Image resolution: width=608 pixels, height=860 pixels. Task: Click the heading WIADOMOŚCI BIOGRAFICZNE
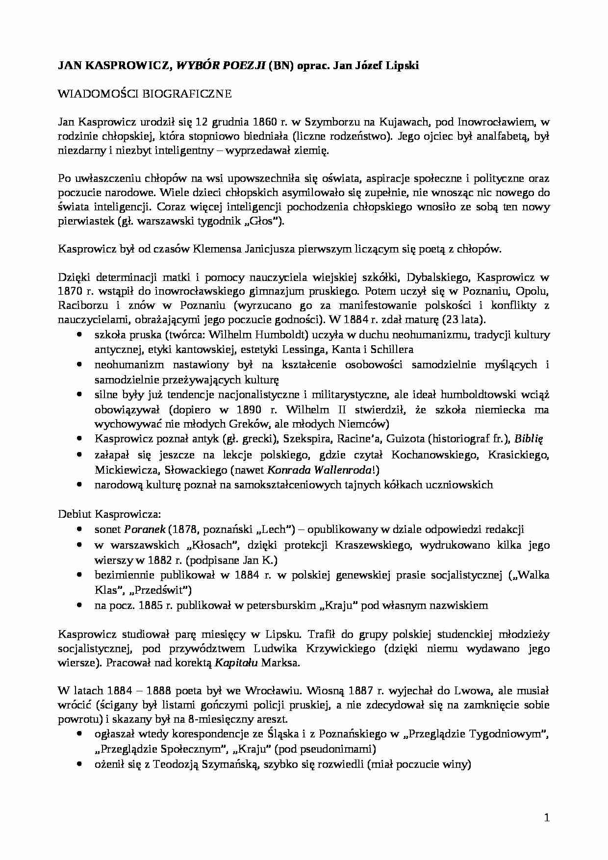click(145, 94)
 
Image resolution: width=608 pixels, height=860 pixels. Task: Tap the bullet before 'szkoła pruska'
click(79, 334)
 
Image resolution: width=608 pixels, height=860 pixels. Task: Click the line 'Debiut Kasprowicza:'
click(110, 514)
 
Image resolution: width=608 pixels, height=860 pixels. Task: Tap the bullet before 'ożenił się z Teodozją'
click(79, 764)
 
